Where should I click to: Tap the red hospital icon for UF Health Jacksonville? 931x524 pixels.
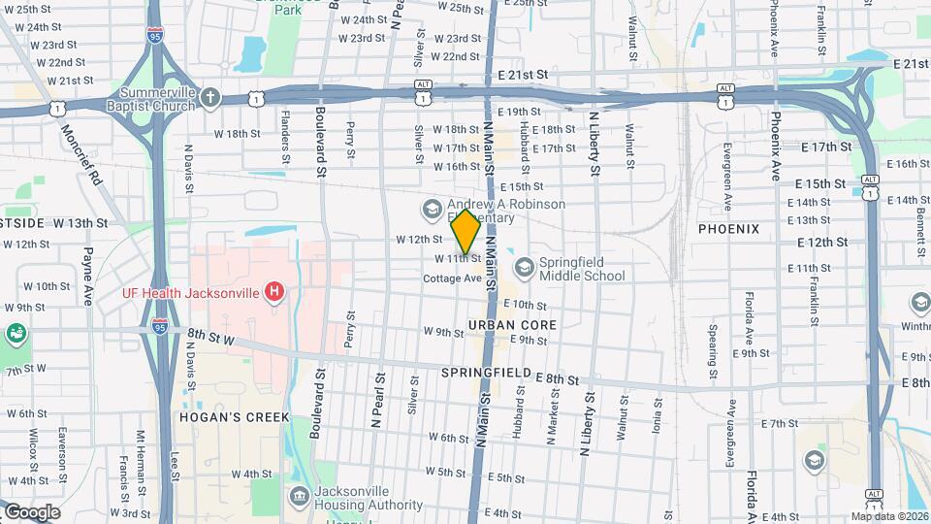275,291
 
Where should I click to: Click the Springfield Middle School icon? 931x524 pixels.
525,267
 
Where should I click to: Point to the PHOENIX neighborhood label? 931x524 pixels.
728,228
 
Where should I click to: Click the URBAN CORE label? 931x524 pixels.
512,324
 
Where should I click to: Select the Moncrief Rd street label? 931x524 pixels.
80,155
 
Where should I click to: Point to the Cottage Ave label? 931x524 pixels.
453,278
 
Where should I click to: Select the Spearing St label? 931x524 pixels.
713,359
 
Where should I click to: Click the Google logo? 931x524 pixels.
32,512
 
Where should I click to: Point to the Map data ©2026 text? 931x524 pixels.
889,516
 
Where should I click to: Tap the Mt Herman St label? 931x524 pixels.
141,452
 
